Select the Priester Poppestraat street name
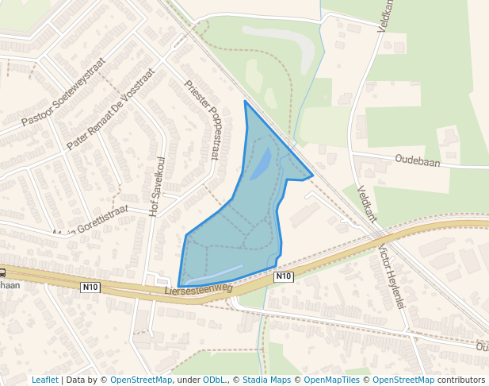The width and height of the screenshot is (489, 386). [201, 119]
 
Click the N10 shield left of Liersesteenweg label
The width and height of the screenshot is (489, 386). [91, 288]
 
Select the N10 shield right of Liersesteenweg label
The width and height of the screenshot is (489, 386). [284, 276]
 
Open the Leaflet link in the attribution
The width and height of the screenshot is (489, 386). [44, 380]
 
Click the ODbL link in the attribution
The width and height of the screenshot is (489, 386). [213, 380]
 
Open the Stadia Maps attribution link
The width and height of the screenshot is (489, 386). [266, 380]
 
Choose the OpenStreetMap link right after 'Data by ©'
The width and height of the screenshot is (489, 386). [141, 380]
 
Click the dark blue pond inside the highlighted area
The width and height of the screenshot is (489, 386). [261, 164]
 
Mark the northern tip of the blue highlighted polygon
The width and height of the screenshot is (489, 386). [245, 101]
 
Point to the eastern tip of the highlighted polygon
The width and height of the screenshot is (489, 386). [313, 175]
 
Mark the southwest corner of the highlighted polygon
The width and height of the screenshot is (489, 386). [179, 286]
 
